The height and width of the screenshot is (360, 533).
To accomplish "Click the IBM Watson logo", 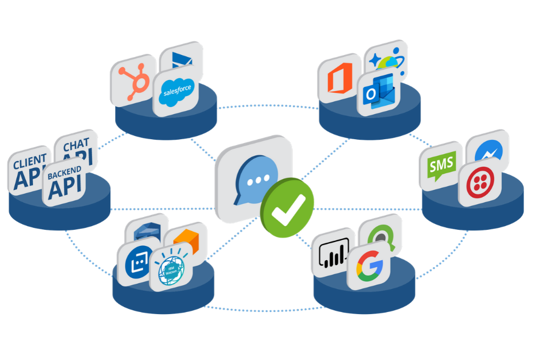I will (x=170, y=267).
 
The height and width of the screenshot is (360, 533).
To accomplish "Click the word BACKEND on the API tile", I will (x=64, y=172).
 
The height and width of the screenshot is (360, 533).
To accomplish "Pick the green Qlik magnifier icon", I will (x=381, y=235).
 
